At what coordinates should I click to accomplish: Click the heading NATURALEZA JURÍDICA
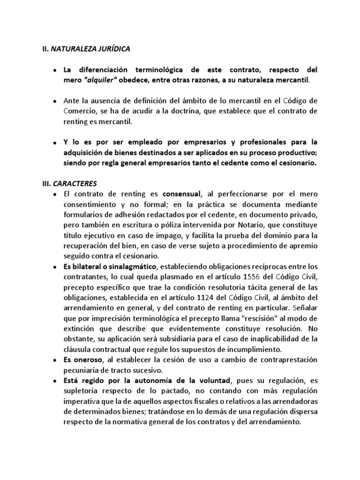click(x=90, y=48)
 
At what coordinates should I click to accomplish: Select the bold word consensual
click(x=181, y=194)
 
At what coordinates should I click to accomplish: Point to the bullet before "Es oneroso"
click(x=55, y=360)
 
